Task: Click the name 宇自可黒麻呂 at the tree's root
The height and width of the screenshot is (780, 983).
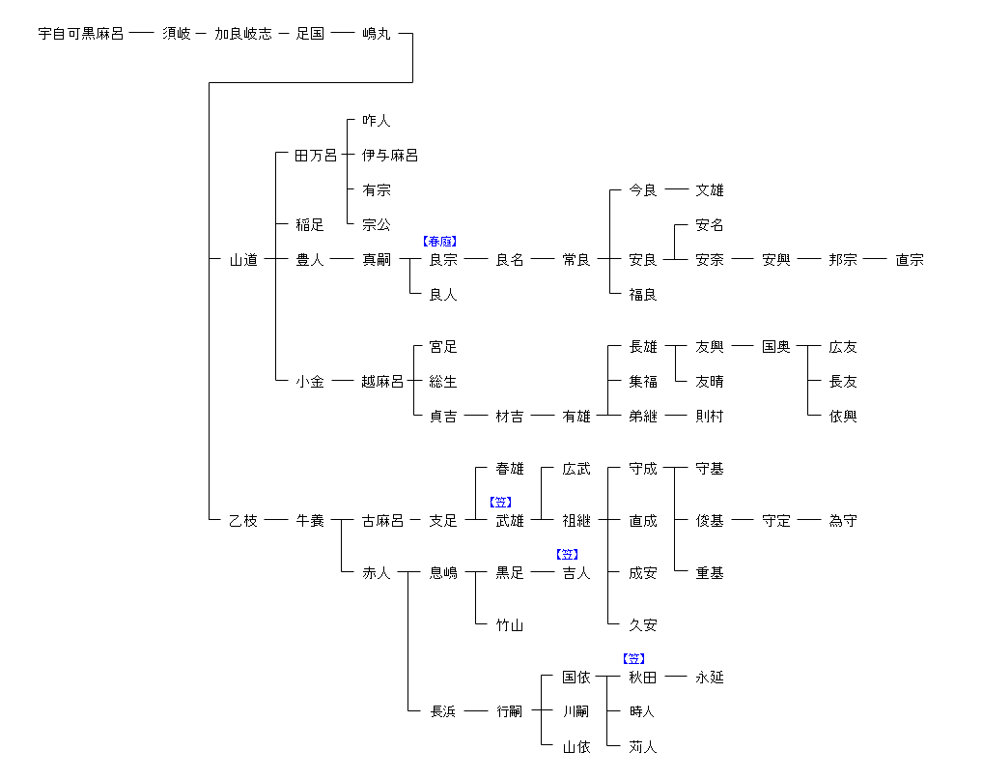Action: [81, 34]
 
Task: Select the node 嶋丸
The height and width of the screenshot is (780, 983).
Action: [377, 34]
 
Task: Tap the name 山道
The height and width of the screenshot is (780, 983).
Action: [243, 260]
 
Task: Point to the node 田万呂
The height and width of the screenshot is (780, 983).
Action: [316, 156]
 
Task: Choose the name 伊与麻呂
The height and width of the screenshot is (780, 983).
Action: [390, 156]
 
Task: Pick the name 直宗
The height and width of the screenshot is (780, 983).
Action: [910, 260]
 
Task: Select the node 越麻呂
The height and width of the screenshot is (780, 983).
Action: [382, 382]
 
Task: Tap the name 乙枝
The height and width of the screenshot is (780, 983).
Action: [243, 521]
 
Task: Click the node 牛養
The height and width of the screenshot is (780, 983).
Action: [310, 521]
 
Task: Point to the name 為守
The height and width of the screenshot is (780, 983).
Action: [843, 521]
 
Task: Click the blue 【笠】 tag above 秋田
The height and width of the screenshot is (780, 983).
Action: [633, 659]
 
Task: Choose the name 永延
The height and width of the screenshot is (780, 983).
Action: [710, 678]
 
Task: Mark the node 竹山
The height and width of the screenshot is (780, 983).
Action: [510, 625]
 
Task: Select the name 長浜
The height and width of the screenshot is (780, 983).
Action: [443, 712]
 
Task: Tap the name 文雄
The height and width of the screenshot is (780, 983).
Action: [710, 190]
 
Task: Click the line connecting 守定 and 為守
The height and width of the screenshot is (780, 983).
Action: [809, 521]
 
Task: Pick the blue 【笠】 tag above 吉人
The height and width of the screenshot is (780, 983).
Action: [567, 555]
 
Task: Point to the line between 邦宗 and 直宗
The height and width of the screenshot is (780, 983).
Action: [876, 260]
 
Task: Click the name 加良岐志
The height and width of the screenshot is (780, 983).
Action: [243, 34]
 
